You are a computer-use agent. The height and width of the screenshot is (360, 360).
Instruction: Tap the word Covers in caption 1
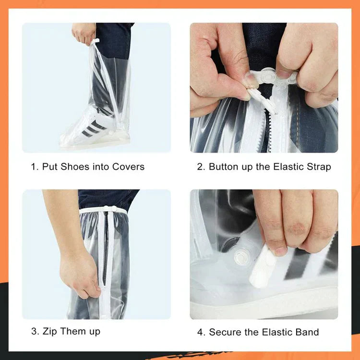(128, 167)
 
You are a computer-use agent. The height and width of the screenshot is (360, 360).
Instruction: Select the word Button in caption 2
(224, 167)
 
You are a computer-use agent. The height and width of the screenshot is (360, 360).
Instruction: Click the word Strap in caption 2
(318, 167)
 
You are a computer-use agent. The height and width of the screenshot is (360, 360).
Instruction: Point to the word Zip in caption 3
(50, 331)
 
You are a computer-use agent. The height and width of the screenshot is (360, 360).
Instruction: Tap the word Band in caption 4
(307, 332)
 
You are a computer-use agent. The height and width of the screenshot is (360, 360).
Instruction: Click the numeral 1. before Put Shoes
(35, 167)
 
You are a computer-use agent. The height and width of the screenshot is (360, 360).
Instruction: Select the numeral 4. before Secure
(201, 332)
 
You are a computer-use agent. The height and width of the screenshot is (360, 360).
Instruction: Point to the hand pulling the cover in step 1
(84, 33)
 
